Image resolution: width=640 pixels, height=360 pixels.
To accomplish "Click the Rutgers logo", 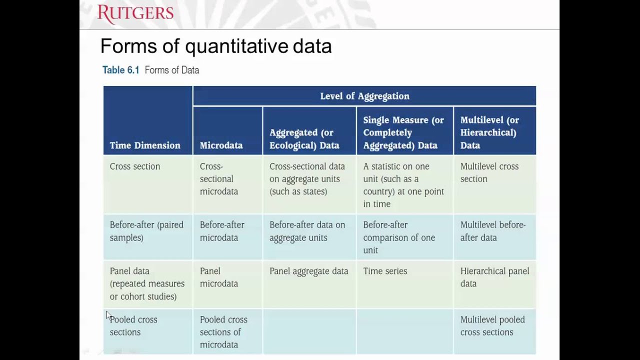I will [x=135, y=14].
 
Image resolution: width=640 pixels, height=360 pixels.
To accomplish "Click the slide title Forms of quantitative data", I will [x=215, y=46].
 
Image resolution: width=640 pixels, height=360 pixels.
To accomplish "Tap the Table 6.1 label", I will [x=120, y=70].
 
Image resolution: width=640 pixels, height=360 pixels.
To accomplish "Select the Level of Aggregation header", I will [x=364, y=96].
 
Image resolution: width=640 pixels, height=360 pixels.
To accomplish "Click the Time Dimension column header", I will [x=145, y=145].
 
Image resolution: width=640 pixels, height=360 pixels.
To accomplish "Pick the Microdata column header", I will [x=221, y=145].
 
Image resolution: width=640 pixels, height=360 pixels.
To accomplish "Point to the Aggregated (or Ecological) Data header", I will [x=304, y=139].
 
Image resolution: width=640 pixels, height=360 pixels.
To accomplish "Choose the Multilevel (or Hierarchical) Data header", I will [x=489, y=132].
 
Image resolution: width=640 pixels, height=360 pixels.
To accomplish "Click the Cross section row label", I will [x=135, y=166].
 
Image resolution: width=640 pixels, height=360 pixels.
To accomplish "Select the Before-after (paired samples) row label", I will [x=146, y=231].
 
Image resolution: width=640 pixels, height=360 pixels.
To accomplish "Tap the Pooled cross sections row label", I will [x=133, y=325].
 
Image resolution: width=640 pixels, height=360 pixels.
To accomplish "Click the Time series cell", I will [x=385, y=271].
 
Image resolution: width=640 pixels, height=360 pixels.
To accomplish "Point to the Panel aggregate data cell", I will [x=308, y=271].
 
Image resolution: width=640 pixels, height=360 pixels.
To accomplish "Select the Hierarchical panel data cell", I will [x=494, y=277].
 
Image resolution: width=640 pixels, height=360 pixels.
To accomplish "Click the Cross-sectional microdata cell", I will [x=218, y=178].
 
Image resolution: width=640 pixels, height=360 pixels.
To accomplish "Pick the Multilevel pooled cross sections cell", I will [x=492, y=325].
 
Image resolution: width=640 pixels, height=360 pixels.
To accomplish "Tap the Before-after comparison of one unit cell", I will [x=398, y=237].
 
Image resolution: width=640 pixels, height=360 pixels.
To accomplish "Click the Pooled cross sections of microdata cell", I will [x=223, y=332].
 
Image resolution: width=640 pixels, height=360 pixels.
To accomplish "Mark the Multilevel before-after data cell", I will [x=492, y=231].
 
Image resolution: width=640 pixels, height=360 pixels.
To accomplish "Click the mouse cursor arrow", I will [x=108, y=315].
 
